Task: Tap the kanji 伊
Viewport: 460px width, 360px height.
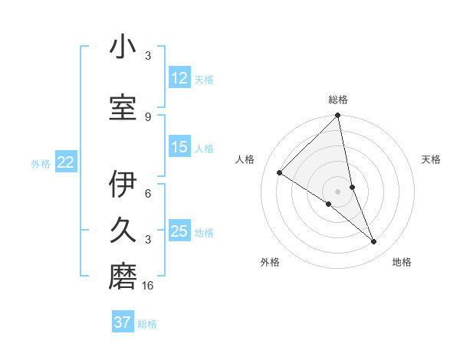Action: point(123,185)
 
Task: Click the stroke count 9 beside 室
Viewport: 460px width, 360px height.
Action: point(148,116)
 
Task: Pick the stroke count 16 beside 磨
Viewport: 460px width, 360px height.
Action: point(149,285)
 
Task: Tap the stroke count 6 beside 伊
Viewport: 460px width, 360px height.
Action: point(148,195)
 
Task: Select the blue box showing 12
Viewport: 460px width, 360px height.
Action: point(179,78)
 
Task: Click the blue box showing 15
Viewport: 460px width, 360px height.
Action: point(179,147)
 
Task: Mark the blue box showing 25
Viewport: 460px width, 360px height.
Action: point(179,231)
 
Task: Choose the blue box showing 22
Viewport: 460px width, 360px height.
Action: point(66,162)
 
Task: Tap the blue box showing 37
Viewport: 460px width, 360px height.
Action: point(123,322)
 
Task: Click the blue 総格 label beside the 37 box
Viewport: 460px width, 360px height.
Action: point(147,324)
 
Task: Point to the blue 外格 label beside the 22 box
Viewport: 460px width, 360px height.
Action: point(41,163)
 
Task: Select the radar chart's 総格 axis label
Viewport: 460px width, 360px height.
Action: point(338,100)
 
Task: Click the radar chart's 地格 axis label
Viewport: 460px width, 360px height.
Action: point(402,262)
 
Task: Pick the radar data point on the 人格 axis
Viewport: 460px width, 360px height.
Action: point(280,172)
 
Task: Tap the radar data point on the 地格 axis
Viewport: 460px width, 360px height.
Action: point(374,241)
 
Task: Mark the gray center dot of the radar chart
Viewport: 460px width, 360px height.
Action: point(337,191)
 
